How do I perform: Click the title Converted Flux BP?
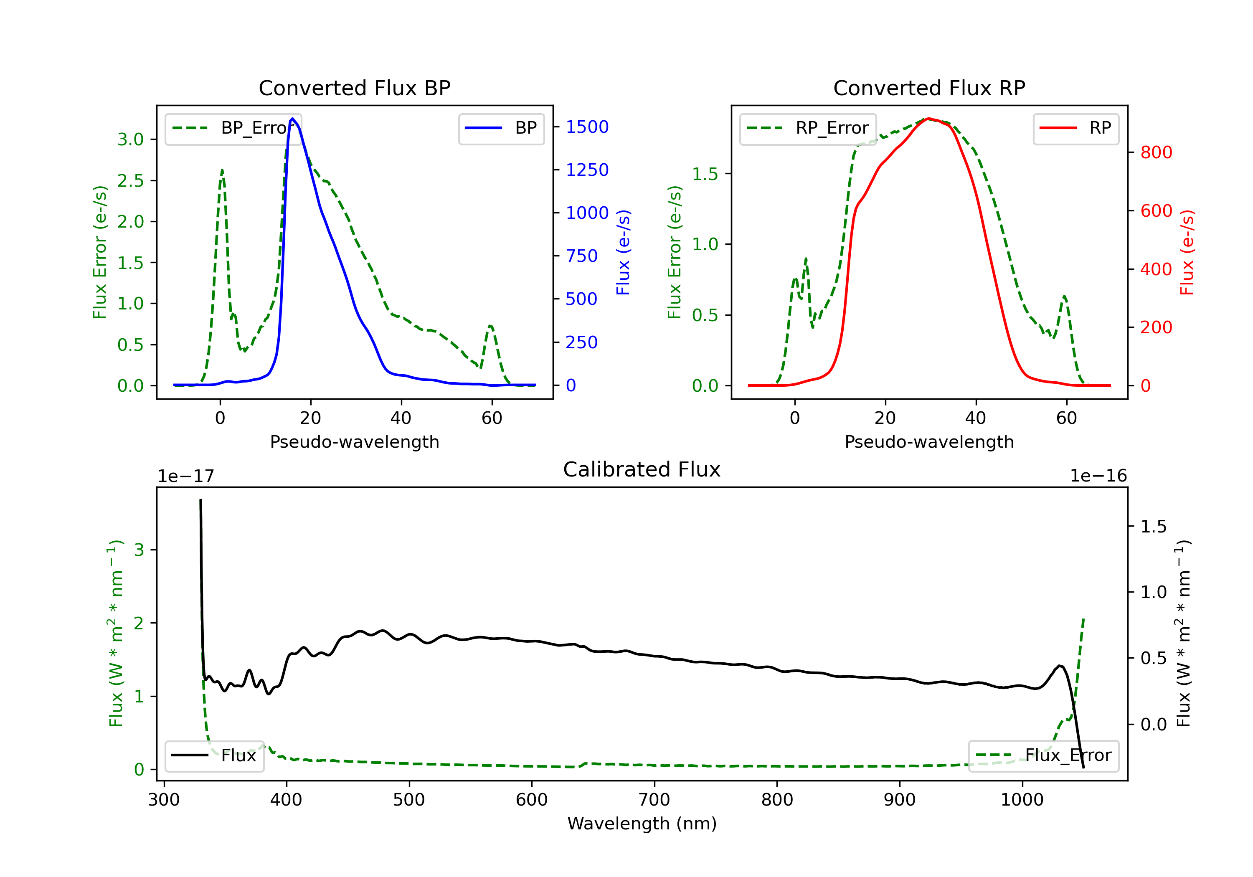point(354,88)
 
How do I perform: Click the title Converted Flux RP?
point(929,88)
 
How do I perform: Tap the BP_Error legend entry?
point(233,128)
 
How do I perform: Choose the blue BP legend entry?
point(501,128)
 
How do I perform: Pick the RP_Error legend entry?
point(808,128)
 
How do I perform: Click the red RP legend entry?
point(1075,128)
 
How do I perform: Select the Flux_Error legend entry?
point(1043,755)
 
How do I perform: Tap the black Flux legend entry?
point(214,755)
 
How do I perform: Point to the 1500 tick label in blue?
point(587,127)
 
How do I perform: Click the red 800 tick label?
point(1156,152)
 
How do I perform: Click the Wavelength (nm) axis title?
point(642,824)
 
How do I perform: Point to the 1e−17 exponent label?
point(185,477)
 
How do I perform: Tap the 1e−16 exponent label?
point(1098,476)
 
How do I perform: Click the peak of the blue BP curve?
point(292,119)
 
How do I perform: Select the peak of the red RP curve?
point(929,119)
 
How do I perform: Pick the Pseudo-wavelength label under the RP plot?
point(929,441)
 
